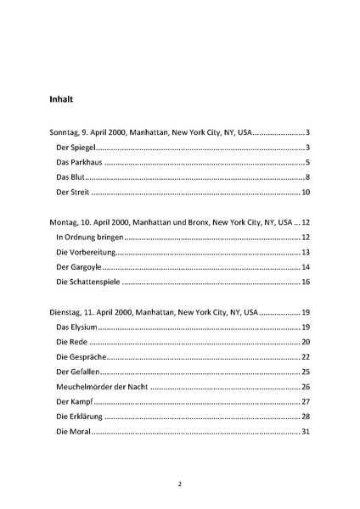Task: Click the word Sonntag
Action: click(x=65, y=133)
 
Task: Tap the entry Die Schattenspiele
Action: click(x=88, y=282)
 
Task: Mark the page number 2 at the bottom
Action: click(x=180, y=484)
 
